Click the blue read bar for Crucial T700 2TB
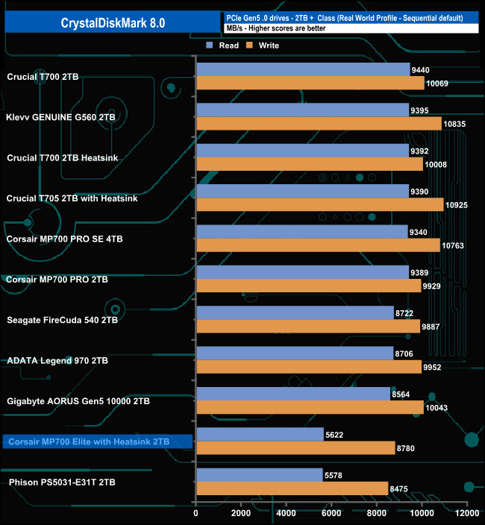point(303,69)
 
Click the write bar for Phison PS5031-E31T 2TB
point(292,488)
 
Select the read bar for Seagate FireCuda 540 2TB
point(295,312)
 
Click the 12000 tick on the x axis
point(466,513)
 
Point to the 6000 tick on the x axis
point(331,513)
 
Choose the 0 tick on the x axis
point(196,513)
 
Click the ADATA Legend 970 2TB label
point(57,360)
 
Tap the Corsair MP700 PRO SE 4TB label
point(64,239)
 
